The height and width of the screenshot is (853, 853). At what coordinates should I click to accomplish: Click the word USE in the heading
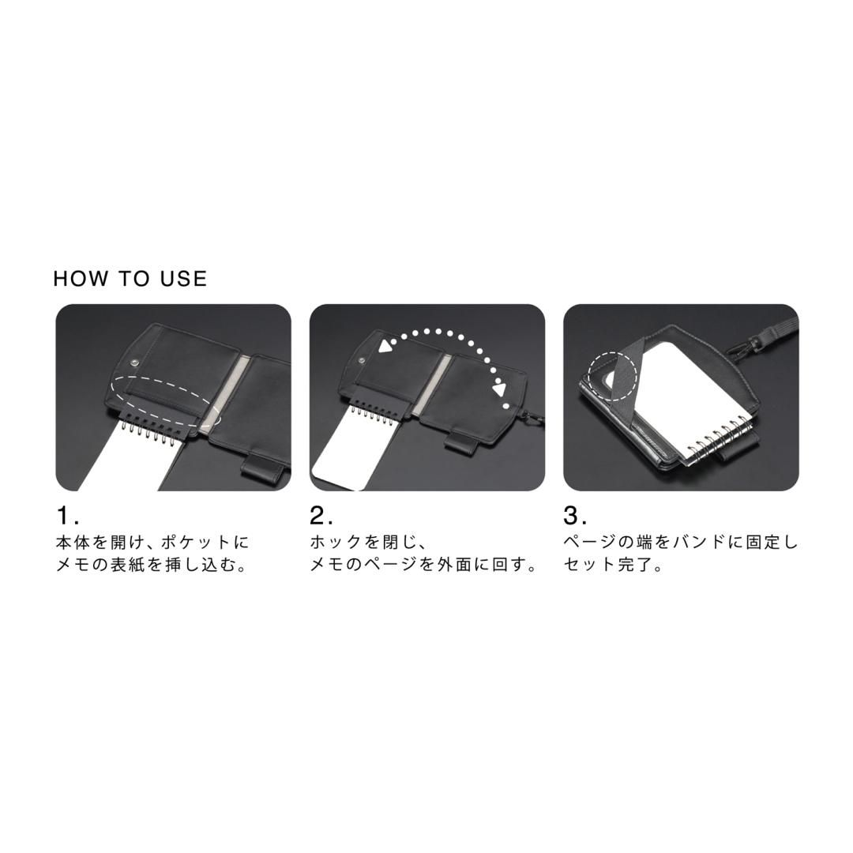(183, 279)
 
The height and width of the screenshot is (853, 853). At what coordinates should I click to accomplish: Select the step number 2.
(319, 516)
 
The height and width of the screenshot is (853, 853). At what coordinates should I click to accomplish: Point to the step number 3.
(573, 516)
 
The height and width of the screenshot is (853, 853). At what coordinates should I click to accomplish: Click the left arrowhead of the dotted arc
(386, 345)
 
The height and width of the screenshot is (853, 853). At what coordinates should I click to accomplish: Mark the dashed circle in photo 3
(613, 370)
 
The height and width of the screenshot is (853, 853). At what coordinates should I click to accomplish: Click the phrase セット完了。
(613, 566)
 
